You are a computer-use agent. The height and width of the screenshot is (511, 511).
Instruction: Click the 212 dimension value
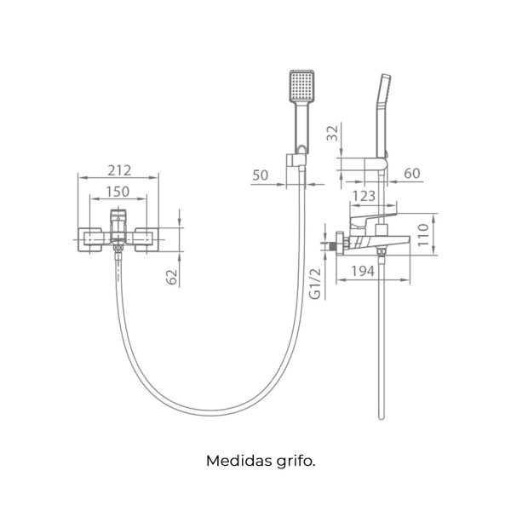119,170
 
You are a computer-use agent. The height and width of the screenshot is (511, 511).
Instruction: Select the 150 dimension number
118,192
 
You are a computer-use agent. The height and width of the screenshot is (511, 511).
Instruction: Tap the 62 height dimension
172,277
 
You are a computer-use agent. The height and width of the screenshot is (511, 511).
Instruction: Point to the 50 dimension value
260,175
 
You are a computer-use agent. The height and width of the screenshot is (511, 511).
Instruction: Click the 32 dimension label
333,133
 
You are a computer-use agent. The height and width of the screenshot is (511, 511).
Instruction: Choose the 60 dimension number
412,174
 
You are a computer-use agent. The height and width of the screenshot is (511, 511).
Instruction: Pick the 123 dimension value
364,196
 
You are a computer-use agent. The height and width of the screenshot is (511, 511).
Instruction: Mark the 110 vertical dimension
423,235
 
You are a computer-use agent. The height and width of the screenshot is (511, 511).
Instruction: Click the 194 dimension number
363,271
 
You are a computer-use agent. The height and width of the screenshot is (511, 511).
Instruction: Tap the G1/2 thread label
315,284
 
